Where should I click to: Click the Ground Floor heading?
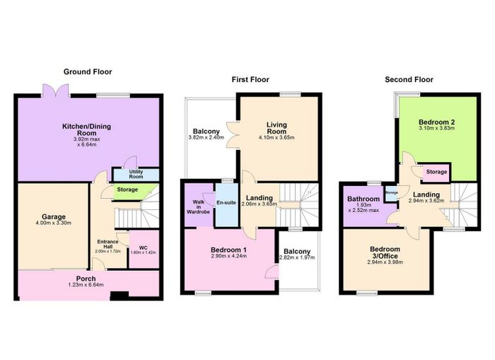click(88, 72)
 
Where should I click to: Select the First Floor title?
click(250, 80)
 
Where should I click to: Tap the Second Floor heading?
click(409, 80)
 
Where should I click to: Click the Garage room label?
click(54, 217)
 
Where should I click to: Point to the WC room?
click(144, 249)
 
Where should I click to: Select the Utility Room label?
click(136, 174)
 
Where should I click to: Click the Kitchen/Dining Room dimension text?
click(87, 141)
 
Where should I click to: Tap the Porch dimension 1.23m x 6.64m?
click(86, 285)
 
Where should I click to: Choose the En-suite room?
click(226, 204)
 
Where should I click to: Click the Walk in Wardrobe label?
click(198, 207)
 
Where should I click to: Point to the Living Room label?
click(277, 128)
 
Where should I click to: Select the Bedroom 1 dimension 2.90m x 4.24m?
click(229, 256)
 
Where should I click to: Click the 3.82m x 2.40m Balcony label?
click(206, 134)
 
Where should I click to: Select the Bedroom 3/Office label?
click(385, 252)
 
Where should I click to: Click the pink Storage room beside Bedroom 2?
click(436, 173)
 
